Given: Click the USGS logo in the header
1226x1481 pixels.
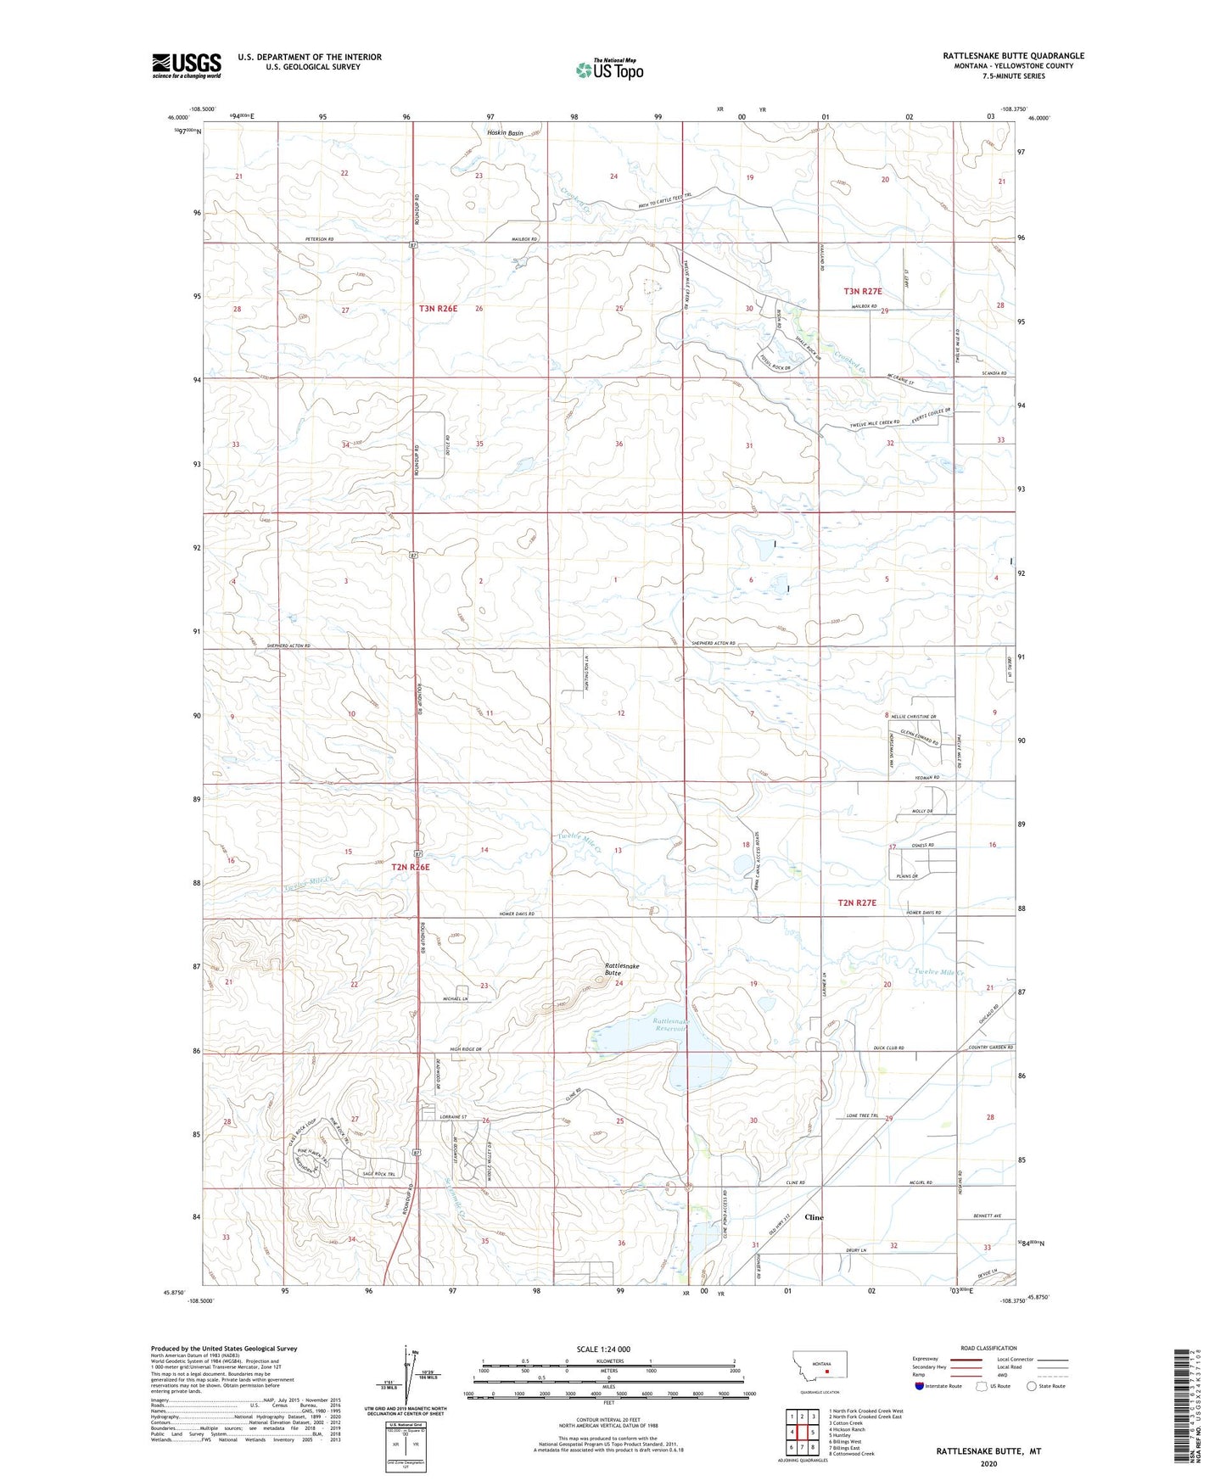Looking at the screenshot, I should click(x=187, y=64).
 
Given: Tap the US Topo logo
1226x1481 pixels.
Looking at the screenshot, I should click(x=609, y=70).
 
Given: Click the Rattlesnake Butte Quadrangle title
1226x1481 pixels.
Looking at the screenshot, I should click(x=1013, y=56).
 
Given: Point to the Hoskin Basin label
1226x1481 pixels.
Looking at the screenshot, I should click(x=505, y=133).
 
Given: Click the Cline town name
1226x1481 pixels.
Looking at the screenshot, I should click(x=814, y=1217).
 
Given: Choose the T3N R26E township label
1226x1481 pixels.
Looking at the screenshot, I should click(x=438, y=309).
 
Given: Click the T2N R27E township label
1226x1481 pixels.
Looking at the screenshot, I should click(x=857, y=903).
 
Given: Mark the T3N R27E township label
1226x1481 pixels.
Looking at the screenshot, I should click(x=863, y=291).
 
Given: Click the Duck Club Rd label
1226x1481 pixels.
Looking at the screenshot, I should click(x=889, y=1048).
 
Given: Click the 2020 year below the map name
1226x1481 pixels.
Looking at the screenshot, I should click(x=988, y=1463).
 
